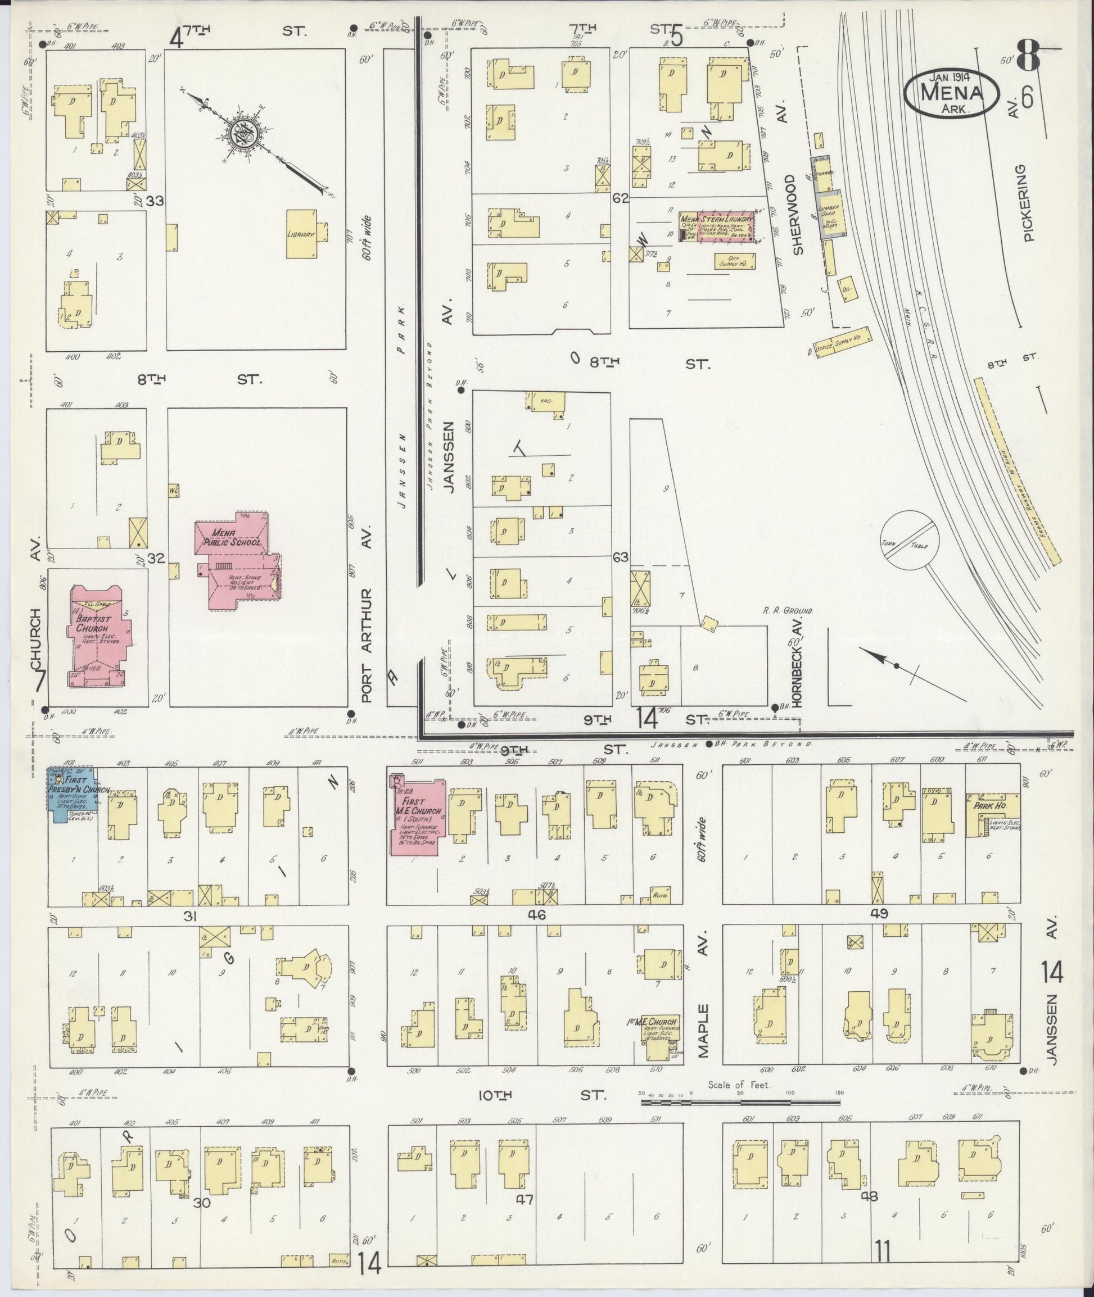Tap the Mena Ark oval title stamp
pos(952,94)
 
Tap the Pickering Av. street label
pos(1030,202)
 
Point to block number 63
pos(620,557)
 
